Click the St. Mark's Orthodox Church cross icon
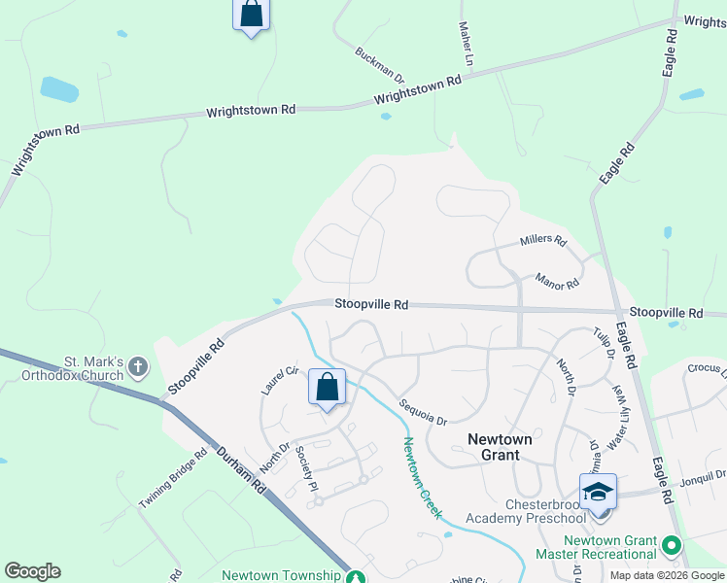click(138, 367)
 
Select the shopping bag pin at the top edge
click(251, 14)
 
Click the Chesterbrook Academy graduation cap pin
click(599, 491)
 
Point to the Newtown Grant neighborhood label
click(500, 447)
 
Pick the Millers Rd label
click(542, 239)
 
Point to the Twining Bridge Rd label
click(173, 478)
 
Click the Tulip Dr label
click(604, 344)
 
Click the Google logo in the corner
click(32, 571)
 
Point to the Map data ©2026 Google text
click(667, 575)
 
